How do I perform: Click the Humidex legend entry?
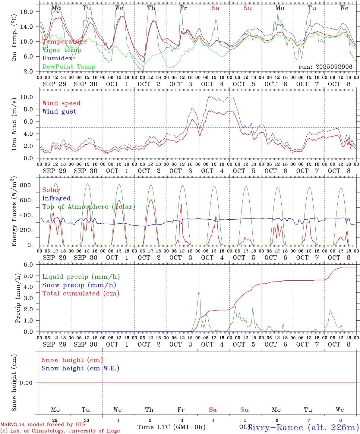coord(57,58)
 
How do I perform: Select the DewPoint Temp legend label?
coord(69,67)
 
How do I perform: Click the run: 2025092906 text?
coord(325,67)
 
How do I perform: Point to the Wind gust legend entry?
coord(59,112)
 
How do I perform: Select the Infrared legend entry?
coord(56,198)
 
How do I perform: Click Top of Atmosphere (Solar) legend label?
coord(88,207)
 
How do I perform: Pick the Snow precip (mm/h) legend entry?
coord(79,285)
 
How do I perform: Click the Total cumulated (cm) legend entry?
coord(81,294)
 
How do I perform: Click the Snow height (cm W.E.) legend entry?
coord(80,368)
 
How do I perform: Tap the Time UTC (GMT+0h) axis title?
coord(171,427)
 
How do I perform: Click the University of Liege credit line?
coord(60,431)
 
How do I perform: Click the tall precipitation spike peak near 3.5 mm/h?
coord(198,293)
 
